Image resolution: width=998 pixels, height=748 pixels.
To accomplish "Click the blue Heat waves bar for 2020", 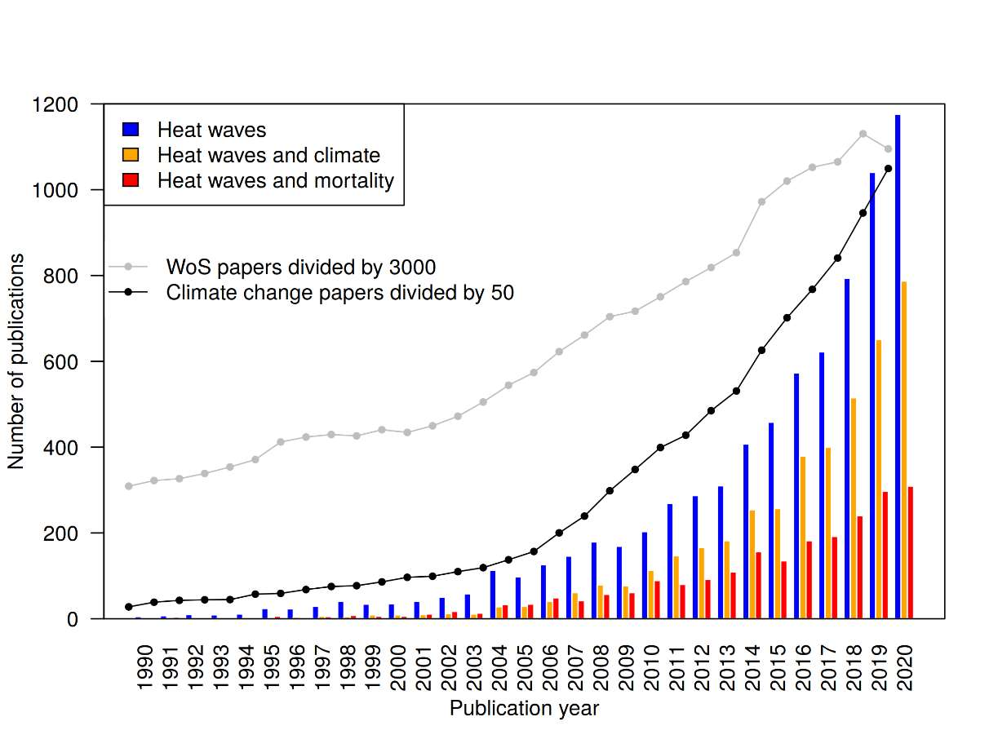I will tap(898, 367).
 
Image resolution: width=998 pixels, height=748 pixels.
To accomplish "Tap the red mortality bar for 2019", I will tap(885, 555).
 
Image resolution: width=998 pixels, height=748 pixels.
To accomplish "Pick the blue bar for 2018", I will tap(847, 449).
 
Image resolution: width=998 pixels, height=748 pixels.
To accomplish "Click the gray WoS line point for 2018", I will tap(863, 134).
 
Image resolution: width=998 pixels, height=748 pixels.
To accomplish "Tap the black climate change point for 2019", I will tap(888, 169).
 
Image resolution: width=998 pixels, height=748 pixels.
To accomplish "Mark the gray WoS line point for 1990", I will tap(129, 486).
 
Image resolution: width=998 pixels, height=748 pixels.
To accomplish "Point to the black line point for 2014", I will tap(761, 350).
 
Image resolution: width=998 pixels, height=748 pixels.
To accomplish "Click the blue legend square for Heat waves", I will tap(131, 129).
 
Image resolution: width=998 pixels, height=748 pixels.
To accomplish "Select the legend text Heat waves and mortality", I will tap(276, 180).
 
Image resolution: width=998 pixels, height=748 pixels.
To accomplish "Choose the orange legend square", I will tap(131, 154).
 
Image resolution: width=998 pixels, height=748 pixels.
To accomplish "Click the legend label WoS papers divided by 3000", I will tap(300, 267).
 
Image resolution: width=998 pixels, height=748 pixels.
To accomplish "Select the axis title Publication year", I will tap(524, 709).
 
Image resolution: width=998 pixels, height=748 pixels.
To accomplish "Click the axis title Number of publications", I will tap(16, 361).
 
